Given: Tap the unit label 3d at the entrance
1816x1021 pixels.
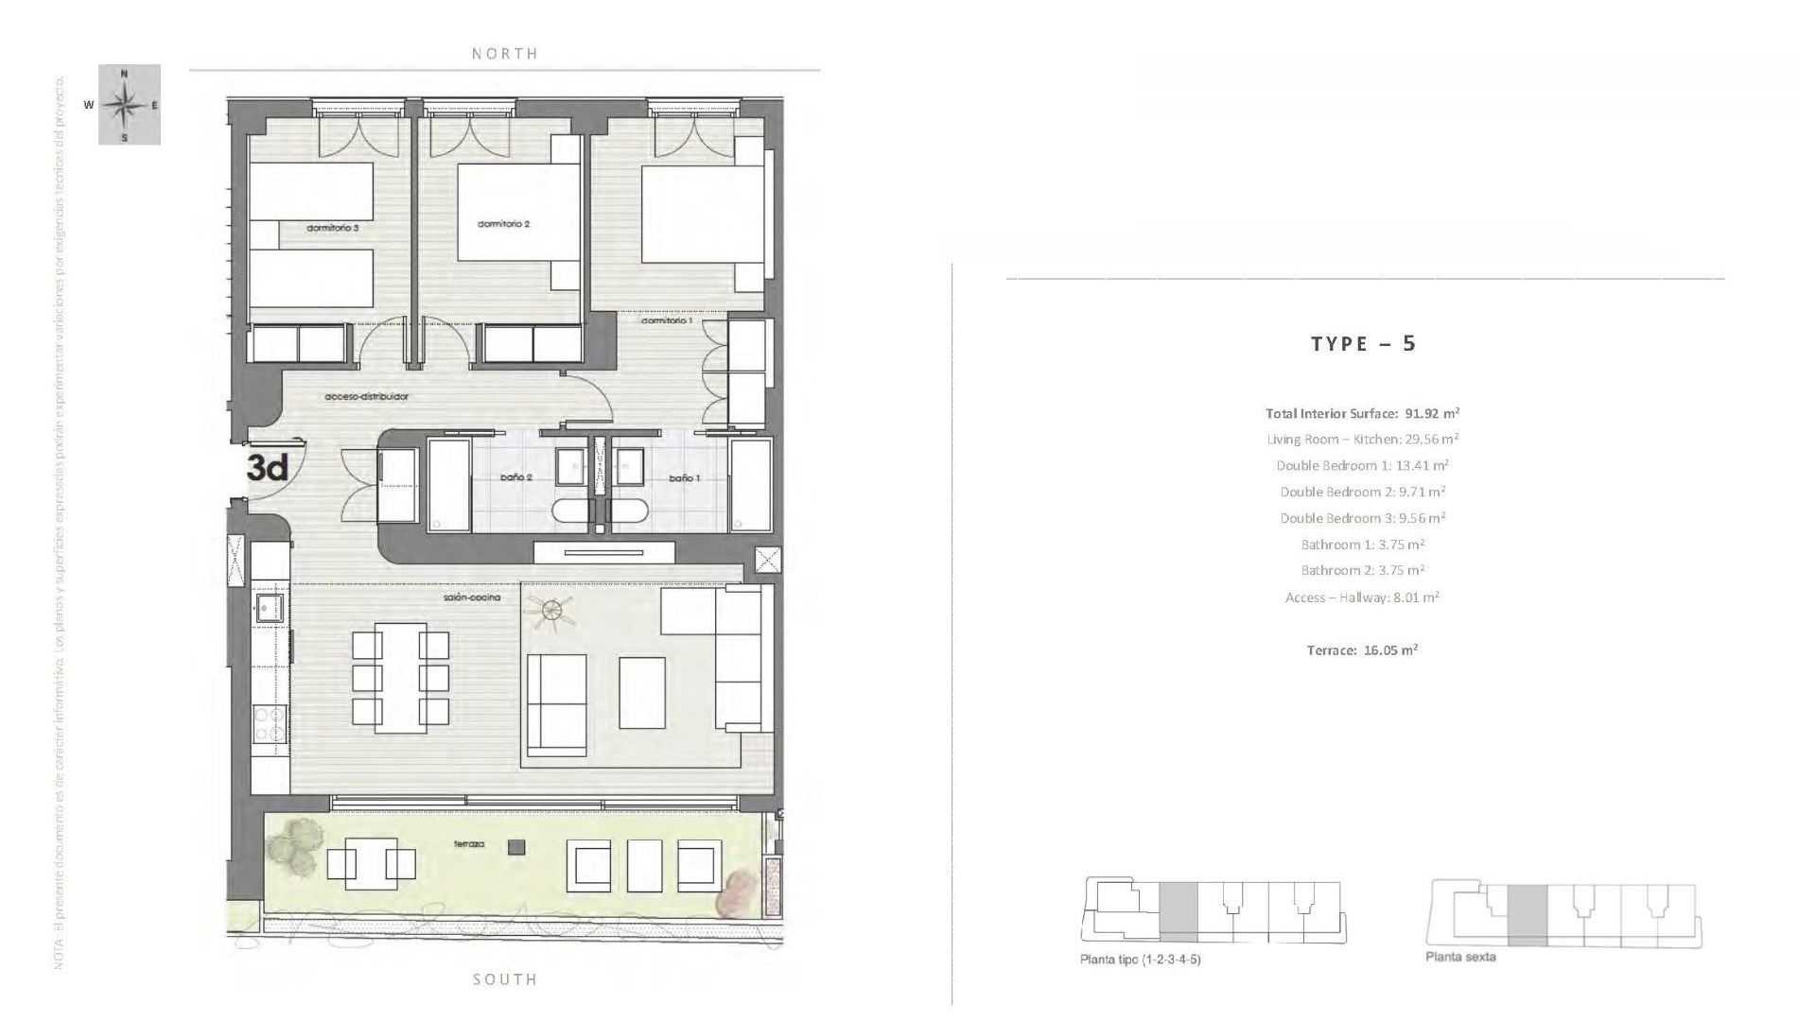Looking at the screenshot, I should (x=268, y=467).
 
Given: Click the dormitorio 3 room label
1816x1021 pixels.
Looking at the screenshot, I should (x=332, y=228).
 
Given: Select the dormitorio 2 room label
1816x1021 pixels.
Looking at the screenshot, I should (x=503, y=224).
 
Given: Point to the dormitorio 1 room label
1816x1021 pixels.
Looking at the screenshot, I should (x=667, y=320).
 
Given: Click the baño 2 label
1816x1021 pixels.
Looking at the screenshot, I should (x=516, y=477).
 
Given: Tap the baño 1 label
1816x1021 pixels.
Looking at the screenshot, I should (x=684, y=477).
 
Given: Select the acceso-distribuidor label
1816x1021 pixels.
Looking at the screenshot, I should (x=366, y=396).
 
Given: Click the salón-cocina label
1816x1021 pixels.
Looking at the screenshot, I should (x=471, y=597).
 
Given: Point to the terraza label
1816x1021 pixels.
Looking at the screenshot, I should (x=469, y=843).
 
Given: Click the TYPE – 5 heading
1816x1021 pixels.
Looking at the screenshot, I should (x=1363, y=343).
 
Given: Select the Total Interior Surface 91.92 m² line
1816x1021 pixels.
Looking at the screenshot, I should (x=1362, y=413).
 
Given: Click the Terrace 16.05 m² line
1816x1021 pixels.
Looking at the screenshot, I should (x=1362, y=650).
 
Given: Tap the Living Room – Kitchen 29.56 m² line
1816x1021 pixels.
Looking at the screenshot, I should (x=1362, y=439).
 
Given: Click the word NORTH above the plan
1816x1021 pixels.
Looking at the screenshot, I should (x=505, y=54).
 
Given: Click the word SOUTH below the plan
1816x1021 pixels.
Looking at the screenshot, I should (x=505, y=979).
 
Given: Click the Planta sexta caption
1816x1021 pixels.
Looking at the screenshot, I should (x=1460, y=957).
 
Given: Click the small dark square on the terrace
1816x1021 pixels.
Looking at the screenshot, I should (x=515, y=848).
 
